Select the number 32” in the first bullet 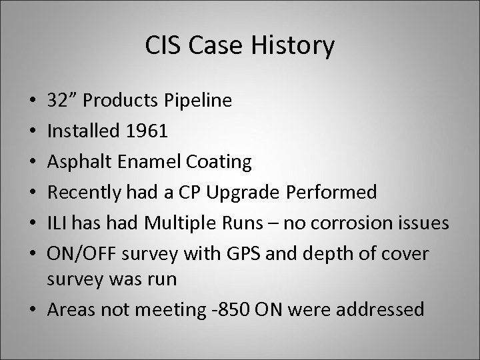tap(63, 101)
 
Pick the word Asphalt tap(76, 163)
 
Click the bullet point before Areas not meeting tap(34, 309)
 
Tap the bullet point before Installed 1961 tap(34, 132)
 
